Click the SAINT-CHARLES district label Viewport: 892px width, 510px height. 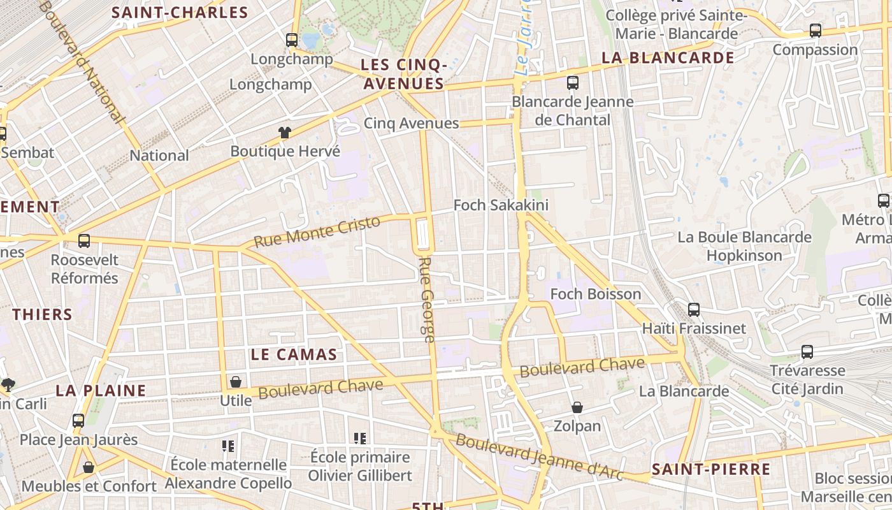click(x=180, y=13)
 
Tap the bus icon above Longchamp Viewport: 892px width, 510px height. click(x=292, y=40)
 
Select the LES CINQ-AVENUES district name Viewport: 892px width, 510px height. click(x=403, y=74)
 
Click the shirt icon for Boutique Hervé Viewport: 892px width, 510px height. click(x=284, y=133)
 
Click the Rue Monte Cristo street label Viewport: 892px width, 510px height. click(x=317, y=231)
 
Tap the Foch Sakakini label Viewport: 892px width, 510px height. click(x=501, y=205)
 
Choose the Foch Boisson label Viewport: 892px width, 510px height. click(x=595, y=294)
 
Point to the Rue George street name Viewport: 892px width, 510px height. click(x=428, y=300)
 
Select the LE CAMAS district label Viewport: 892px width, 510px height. click(x=294, y=355)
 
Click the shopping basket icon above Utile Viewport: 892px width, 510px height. click(x=236, y=382)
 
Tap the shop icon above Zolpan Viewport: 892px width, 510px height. click(x=577, y=407)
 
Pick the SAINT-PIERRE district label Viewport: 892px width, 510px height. click(x=711, y=470)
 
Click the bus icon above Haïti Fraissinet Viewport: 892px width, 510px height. click(x=694, y=310)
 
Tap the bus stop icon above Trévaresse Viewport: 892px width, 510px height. click(x=807, y=352)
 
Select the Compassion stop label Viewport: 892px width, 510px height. click(x=815, y=50)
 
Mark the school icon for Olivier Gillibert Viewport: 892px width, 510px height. click(x=360, y=439)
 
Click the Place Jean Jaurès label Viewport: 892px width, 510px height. click(x=78, y=440)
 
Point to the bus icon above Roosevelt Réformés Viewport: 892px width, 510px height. click(x=84, y=241)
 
